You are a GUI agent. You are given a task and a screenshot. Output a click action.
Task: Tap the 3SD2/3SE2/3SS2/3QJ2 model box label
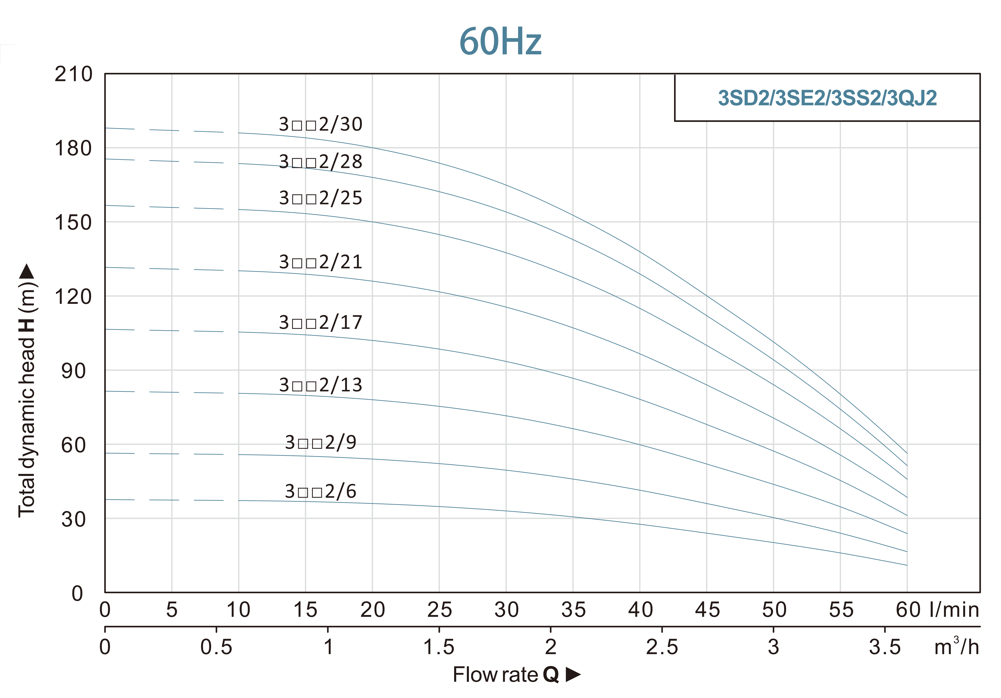pos(827,98)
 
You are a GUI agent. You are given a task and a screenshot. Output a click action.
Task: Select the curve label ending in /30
pos(320,125)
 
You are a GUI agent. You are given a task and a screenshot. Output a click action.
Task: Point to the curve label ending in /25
pos(320,198)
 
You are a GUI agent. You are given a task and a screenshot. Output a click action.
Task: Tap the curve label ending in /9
pos(320,443)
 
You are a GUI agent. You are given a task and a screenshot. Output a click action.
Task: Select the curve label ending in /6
pos(320,491)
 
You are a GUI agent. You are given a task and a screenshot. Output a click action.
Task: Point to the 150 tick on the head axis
pos(73,223)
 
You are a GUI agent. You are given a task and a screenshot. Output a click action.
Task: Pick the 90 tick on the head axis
pos(73,371)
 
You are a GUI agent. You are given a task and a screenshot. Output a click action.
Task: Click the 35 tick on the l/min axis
pos(573,610)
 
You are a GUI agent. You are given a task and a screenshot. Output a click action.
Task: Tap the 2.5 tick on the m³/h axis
pos(662,647)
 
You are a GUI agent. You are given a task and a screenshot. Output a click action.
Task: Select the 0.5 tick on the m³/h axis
pos(216,647)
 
